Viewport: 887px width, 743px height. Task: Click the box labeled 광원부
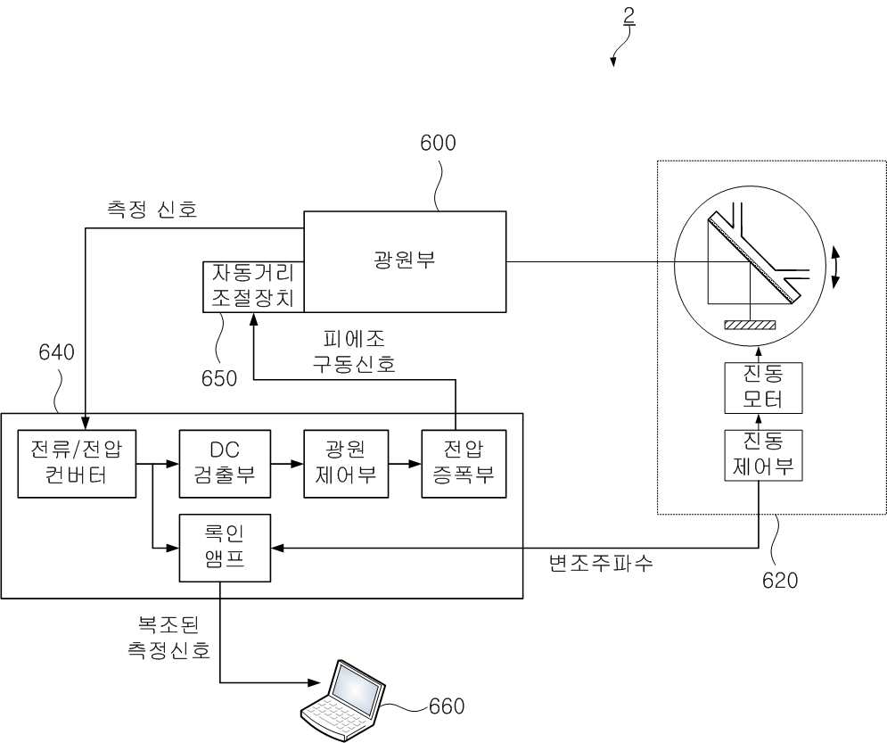[405, 261]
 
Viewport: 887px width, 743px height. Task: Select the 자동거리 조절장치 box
[253, 286]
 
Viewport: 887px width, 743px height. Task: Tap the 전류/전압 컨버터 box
[77, 464]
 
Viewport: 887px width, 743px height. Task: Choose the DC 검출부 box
[225, 464]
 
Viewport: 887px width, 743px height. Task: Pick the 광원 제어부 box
[346, 464]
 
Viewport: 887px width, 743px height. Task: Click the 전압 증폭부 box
[464, 464]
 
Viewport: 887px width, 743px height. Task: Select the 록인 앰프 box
[225, 548]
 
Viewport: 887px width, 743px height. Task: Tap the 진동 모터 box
[763, 388]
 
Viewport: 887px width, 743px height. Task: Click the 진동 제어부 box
[763, 456]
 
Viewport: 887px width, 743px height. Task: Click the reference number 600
[438, 144]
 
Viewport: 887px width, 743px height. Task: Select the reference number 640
[56, 352]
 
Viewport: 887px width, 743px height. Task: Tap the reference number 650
[219, 378]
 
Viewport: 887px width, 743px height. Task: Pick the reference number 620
[780, 581]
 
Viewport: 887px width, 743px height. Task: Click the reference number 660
[447, 706]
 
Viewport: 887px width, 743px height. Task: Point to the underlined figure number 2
[629, 16]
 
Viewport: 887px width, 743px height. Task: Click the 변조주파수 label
[602, 563]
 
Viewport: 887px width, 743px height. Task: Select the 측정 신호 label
[152, 210]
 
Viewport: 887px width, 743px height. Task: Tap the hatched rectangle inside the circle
[750, 325]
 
